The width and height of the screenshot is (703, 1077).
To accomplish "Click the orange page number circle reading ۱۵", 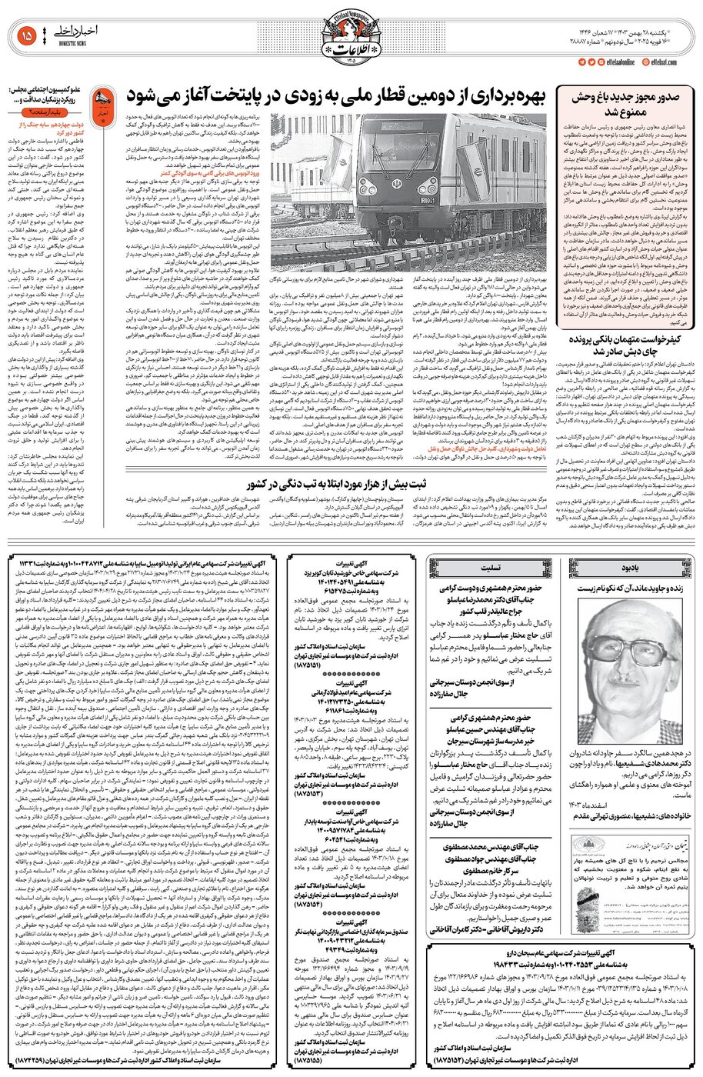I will pyautogui.click(x=25, y=35).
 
